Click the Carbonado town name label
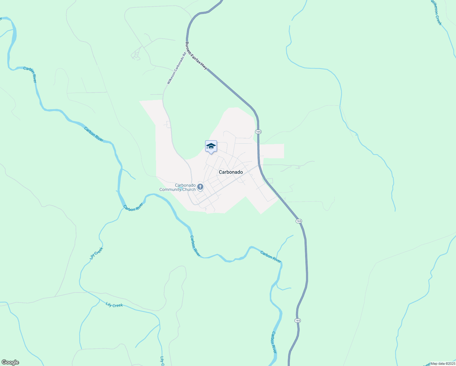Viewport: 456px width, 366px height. tap(231, 172)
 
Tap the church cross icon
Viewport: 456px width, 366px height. tap(200, 187)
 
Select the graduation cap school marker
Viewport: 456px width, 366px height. tap(211, 146)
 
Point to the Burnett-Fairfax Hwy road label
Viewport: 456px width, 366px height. tap(196, 56)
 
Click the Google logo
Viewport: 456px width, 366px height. tap(10, 362)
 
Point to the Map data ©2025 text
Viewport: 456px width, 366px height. tap(443, 364)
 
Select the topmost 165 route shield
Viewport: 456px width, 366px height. tap(258, 131)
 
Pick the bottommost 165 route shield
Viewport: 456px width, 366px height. tap(297, 320)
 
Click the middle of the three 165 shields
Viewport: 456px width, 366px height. tap(299, 221)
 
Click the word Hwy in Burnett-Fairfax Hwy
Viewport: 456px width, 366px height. tap(204, 66)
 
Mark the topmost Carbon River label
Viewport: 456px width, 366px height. tap(30, 75)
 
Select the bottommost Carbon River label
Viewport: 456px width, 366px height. tap(274, 342)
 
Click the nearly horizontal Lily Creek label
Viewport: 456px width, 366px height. tap(114, 305)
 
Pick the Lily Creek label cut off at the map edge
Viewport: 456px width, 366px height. tap(162, 361)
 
